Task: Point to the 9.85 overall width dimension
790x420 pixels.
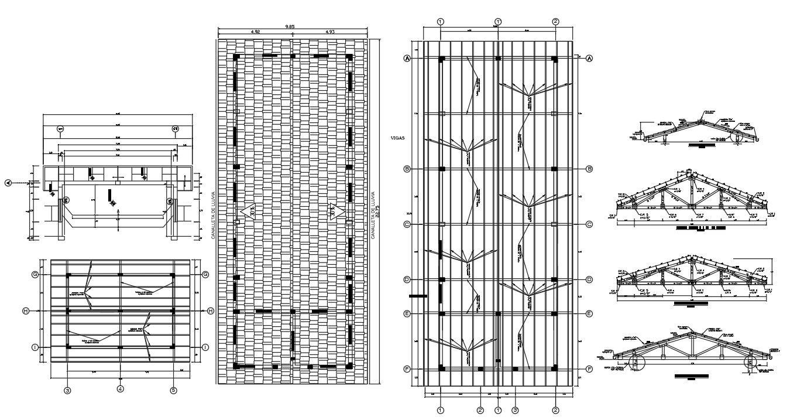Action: click(290, 26)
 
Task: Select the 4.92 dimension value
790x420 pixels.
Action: click(255, 32)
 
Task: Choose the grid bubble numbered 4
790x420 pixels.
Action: click(120, 389)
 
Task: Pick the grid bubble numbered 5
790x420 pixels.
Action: click(174, 389)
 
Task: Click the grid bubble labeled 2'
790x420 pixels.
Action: click(480, 410)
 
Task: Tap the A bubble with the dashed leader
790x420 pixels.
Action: click(8, 183)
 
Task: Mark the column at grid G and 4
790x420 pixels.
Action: click(120, 274)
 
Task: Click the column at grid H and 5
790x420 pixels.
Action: click(174, 310)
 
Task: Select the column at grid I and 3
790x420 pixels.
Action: click(68, 347)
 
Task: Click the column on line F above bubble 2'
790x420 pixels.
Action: click(480, 369)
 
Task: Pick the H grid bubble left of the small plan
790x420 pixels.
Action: click(26, 310)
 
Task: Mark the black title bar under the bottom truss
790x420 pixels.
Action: click(691, 375)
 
